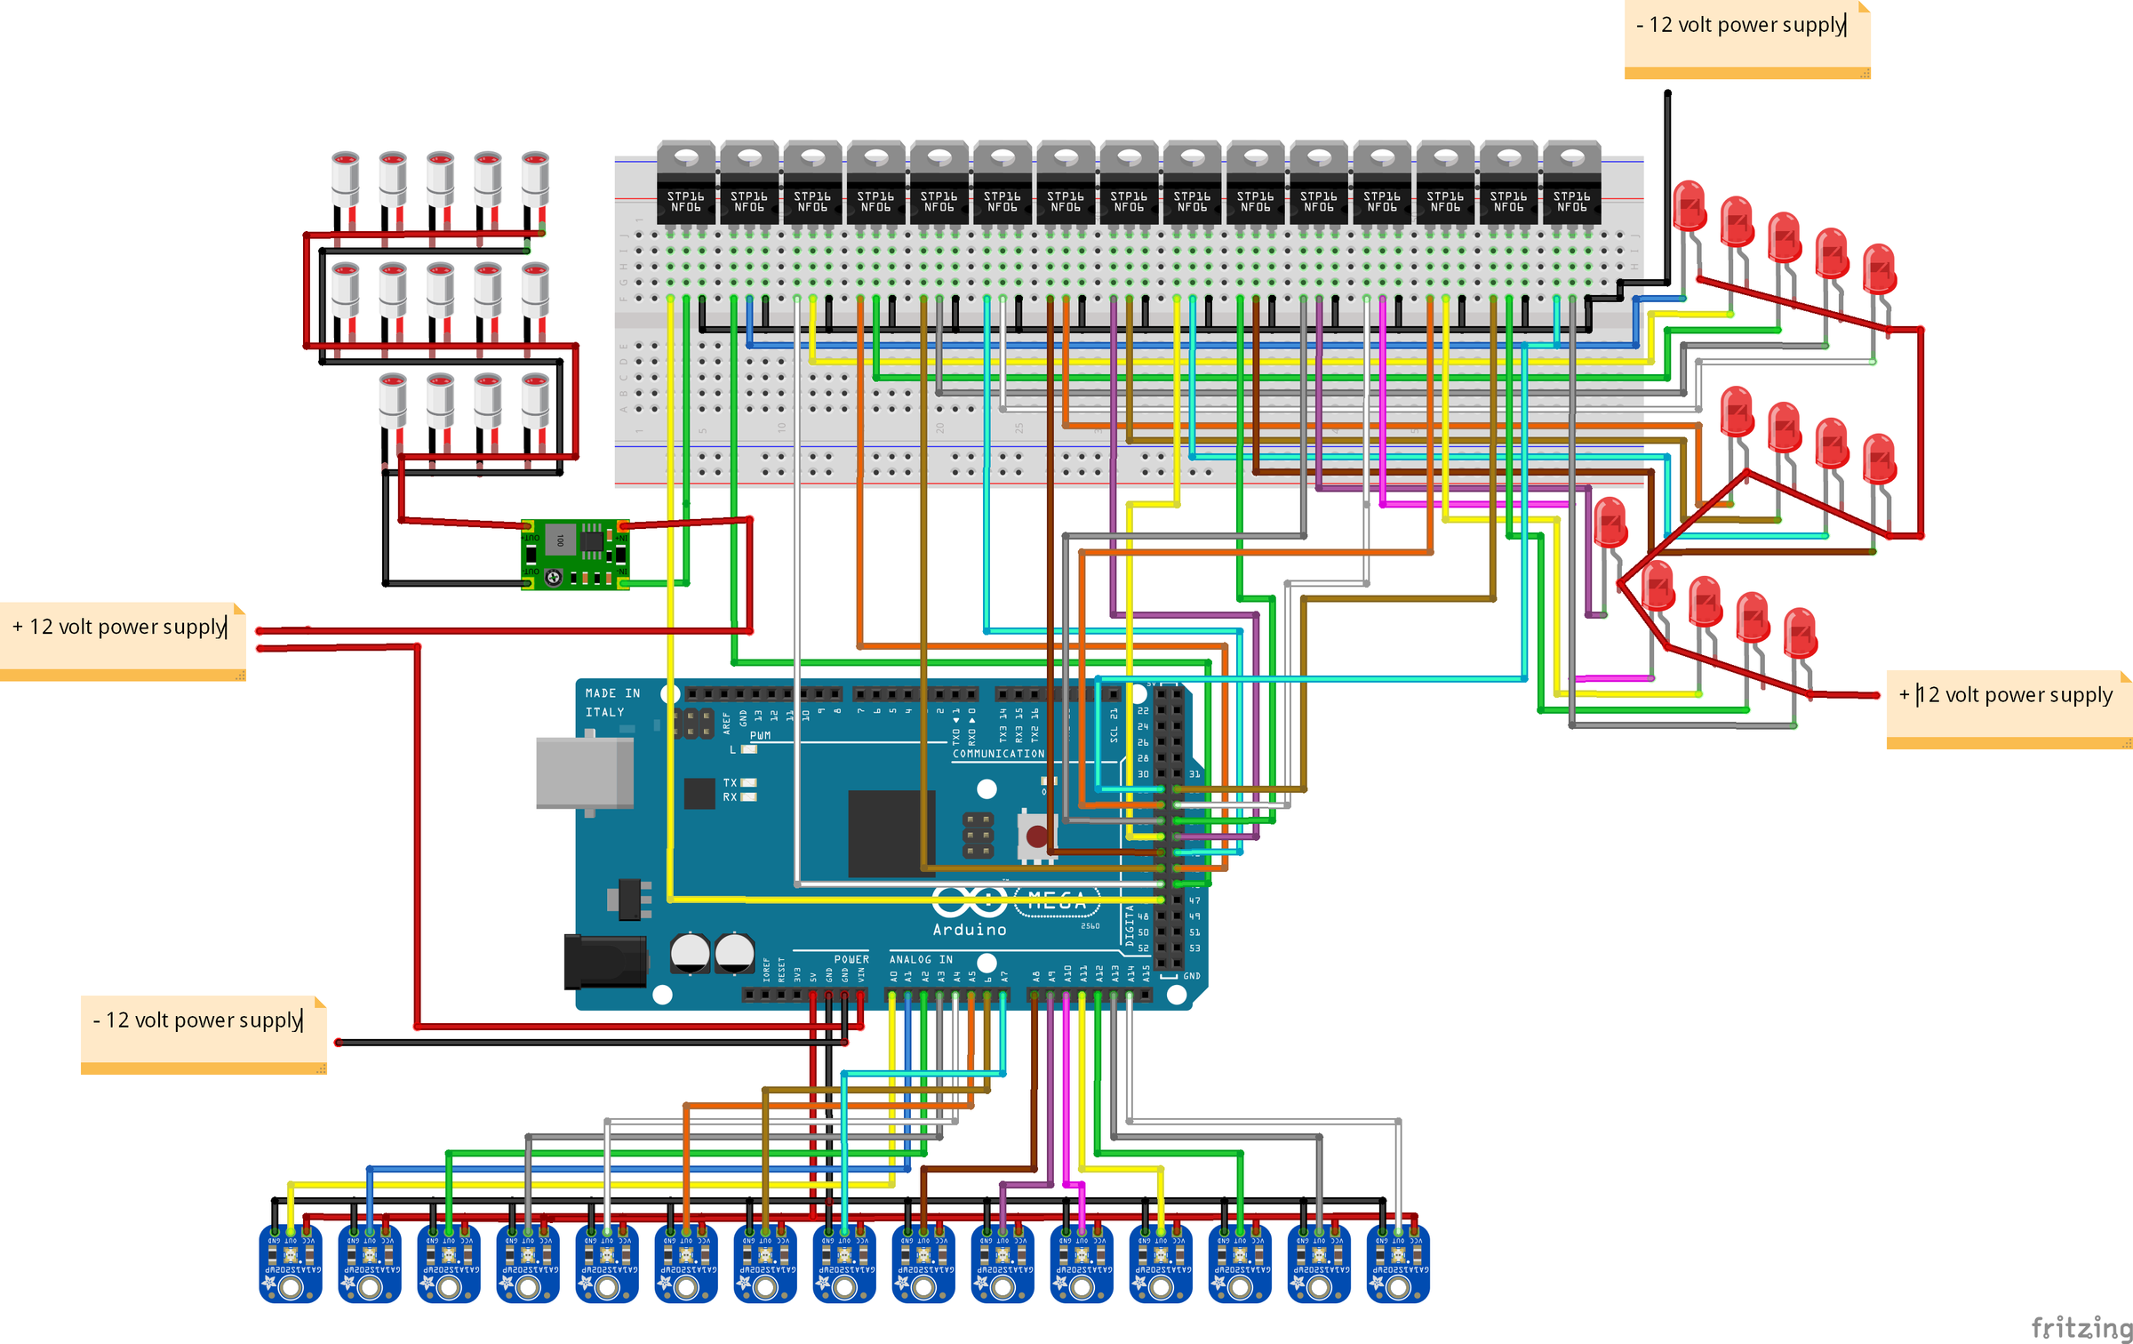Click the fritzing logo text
pos(2080,1328)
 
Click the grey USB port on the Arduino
pos(584,772)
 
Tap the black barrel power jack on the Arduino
pos(604,961)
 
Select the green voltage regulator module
pos(575,555)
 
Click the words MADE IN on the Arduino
pos(612,693)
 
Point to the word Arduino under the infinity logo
pos(970,930)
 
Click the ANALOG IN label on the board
pos(921,960)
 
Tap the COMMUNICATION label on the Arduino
pos(998,754)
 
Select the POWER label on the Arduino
pos(851,960)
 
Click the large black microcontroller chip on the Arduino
pos(891,833)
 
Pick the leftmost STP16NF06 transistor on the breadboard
pos(685,182)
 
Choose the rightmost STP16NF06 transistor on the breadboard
pos(1571,182)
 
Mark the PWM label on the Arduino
pos(760,736)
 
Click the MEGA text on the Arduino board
pos(1057,901)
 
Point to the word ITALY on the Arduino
pos(604,713)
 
